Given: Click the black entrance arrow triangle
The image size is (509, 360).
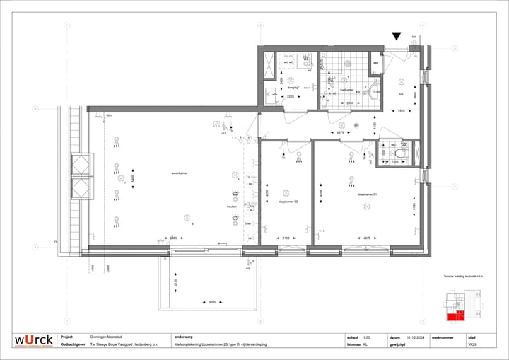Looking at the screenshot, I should coord(397,36).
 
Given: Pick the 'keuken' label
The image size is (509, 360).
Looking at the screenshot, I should coord(231,207).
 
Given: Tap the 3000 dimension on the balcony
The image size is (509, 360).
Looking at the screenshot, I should coord(211,302).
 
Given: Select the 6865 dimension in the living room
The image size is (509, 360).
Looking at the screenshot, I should coord(173,238).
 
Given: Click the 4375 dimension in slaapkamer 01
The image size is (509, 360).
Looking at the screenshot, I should coord(367,238).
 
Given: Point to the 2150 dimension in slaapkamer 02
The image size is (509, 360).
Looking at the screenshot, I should coord(286,238).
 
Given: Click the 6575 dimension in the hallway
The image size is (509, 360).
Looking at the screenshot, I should coord(340,132).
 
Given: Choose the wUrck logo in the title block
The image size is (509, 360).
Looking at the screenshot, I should coord(33,341).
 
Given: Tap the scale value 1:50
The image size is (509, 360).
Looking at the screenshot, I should coord(366,337).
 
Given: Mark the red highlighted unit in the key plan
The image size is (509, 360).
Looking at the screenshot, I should coord(460,315).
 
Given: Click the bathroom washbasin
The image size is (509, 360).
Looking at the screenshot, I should coord(374,90).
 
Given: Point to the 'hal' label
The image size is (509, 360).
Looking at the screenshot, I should coord(400,92).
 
